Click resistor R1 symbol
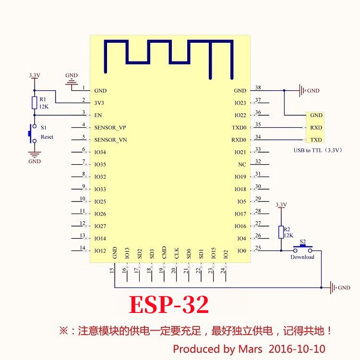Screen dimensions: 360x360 [34, 102]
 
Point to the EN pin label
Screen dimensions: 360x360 [98, 116]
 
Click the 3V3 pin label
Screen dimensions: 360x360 [99, 103]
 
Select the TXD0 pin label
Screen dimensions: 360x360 [239, 128]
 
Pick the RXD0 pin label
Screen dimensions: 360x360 [239, 140]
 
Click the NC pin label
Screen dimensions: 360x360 [242, 165]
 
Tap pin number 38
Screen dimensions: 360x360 [258, 87]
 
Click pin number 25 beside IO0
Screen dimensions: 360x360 [258, 248]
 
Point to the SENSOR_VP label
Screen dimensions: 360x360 [110, 128]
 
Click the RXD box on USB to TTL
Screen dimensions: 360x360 [316, 128]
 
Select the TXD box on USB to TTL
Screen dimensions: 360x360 [316, 140]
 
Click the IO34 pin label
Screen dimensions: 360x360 [100, 153]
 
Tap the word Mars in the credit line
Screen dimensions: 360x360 [250, 348]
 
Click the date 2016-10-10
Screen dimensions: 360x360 [300, 348]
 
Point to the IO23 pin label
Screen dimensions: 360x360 [240, 103]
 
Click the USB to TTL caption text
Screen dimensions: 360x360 [318, 150]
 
